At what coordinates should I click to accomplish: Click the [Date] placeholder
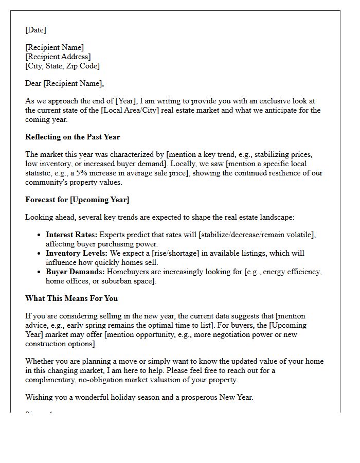tap(35, 30)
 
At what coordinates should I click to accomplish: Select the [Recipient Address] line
tap(58, 57)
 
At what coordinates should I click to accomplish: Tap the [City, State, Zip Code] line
tap(62, 66)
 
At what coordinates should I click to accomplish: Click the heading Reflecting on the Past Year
tap(72, 137)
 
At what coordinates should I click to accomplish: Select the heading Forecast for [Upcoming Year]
tap(77, 200)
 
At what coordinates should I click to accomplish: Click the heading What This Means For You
tap(71, 298)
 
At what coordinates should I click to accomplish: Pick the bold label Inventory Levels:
tap(77, 253)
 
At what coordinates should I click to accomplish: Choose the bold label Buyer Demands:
tap(75, 272)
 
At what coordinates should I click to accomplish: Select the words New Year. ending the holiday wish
tap(236, 397)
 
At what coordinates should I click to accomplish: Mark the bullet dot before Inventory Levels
tap(40, 254)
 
